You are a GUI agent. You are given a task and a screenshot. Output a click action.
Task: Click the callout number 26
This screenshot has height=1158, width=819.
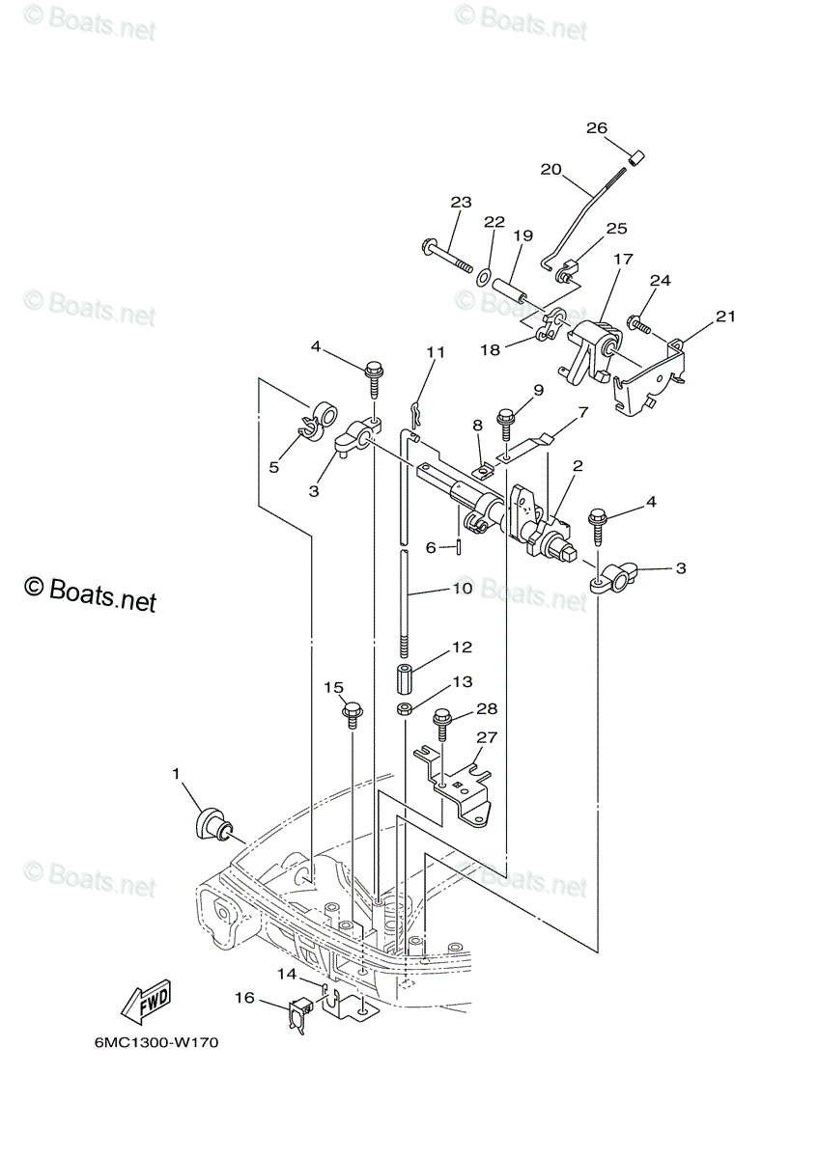click(x=596, y=127)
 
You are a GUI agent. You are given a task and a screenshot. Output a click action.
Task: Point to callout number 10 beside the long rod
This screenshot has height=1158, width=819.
click(x=463, y=589)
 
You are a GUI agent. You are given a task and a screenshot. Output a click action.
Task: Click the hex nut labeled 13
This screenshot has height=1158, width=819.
click(x=405, y=709)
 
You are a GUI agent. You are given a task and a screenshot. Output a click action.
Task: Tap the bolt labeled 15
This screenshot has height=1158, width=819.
click(x=353, y=714)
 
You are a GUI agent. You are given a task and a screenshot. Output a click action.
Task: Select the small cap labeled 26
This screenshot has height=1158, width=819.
click(x=635, y=157)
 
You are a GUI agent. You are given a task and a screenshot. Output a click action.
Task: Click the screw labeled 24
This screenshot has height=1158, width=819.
click(x=637, y=324)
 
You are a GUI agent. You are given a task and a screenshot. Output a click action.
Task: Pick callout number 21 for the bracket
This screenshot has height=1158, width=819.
click(x=725, y=316)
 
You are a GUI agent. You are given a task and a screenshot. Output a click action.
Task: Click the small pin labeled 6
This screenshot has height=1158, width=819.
click(x=459, y=546)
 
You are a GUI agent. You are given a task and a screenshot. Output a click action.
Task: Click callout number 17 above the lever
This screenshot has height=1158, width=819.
click(x=623, y=259)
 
